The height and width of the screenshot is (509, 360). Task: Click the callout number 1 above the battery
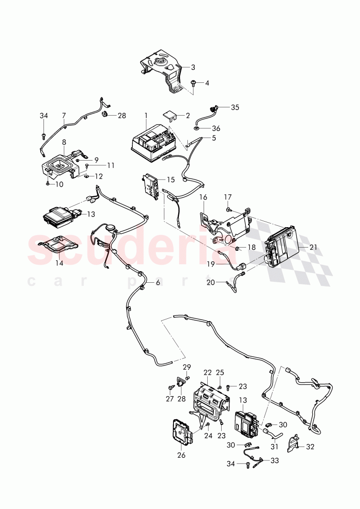pyautogui.click(x=146, y=114)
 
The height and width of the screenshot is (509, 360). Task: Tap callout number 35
pyautogui.click(x=235, y=107)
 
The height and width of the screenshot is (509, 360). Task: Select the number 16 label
pyautogui.click(x=203, y=197)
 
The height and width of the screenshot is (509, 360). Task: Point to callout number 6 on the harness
pyautogui.click(x=158, y=282)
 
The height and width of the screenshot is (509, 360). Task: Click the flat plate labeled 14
pyautogui.click(x=58, y=244)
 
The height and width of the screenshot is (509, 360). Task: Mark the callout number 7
pyautogui.click(x=63, y=115)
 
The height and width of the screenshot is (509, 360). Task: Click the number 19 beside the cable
pyautogui.click(x=211, y=264)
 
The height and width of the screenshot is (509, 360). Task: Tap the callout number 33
pyautogui.click(x=274, y=460)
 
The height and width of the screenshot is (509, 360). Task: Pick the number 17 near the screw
pyautogui.click(x=227, y=197)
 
